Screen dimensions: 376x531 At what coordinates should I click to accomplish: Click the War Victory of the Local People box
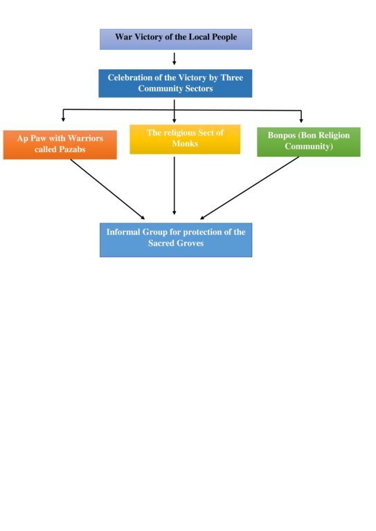(176, 39)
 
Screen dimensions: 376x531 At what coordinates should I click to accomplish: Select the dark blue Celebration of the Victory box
(175, 83)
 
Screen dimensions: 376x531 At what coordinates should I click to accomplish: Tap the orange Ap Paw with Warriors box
(60, 145)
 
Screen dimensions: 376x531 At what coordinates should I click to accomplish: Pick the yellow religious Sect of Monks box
(185, 139)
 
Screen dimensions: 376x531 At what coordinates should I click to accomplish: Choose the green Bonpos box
(309, 142)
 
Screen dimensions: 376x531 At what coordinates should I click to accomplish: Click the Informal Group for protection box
(176, 240)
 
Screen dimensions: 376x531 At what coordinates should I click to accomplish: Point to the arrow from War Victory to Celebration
(174, 59)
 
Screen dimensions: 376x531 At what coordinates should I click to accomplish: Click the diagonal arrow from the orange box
(107, 189)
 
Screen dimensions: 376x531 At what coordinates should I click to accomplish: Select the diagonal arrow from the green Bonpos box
(249, 188)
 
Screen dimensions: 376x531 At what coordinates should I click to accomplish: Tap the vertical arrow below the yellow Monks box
(174, 185)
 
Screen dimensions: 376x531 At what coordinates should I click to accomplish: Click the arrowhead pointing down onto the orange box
(63, 120)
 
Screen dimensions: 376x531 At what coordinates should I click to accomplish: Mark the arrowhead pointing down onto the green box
(301, 120)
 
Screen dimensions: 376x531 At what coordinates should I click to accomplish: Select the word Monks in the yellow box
(185, 144)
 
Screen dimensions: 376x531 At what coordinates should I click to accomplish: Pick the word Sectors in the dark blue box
(199, 88)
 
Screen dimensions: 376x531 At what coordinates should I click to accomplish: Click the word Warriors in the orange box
(85, 138)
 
